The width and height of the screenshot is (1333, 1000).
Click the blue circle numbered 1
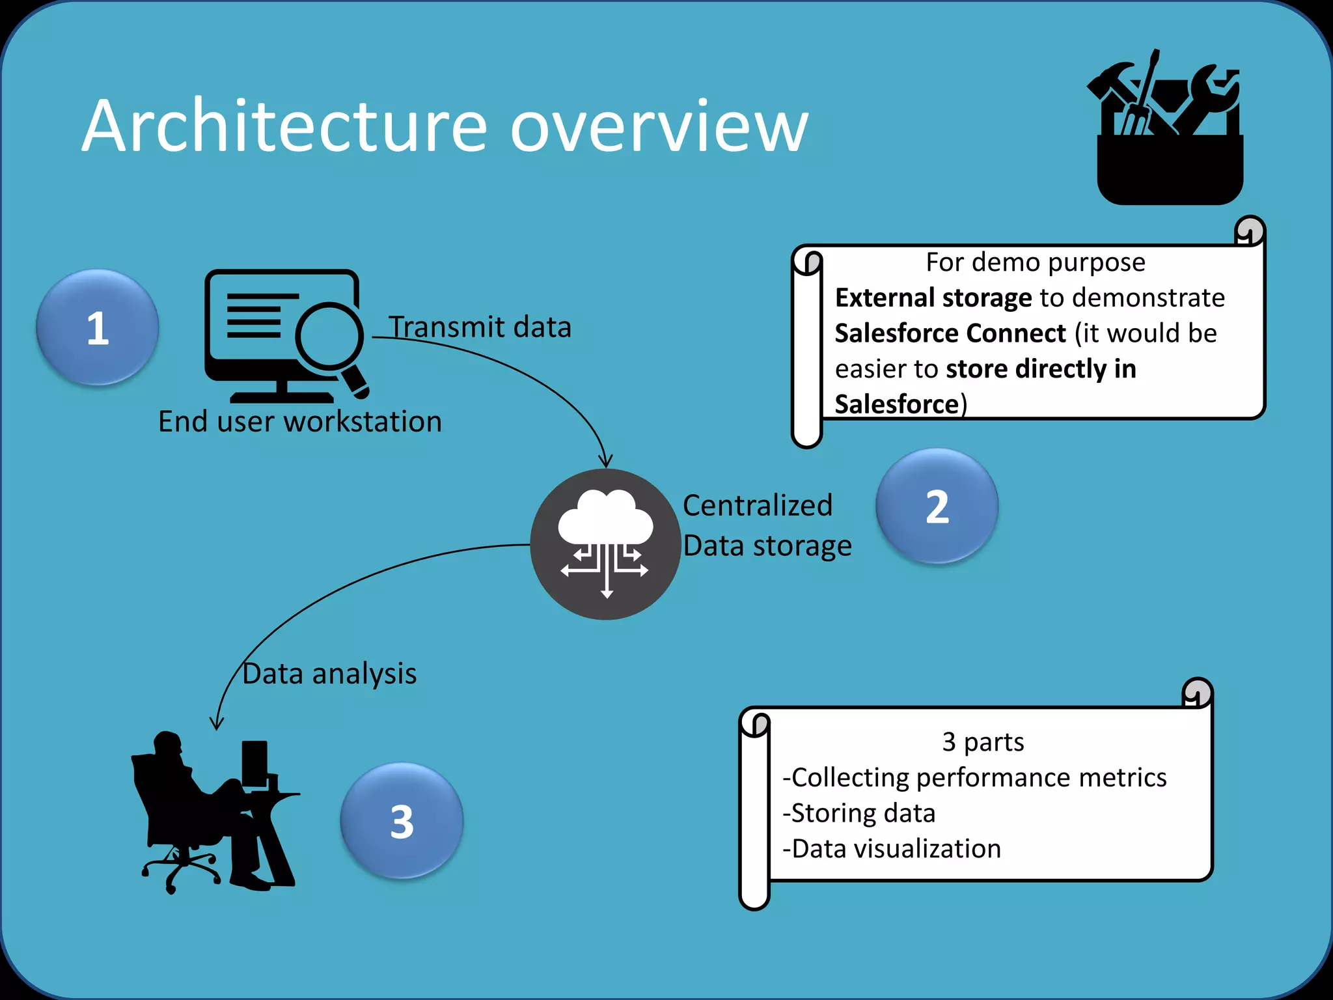97,327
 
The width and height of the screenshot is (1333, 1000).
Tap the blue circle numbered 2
937,506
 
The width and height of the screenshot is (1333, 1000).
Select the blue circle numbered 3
402,821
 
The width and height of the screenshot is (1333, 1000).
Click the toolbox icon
1169,130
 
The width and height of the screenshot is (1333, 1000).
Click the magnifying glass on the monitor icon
331,337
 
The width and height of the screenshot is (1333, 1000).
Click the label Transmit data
480,327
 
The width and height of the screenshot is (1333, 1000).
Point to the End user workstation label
300,421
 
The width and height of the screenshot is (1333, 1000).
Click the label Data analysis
329,673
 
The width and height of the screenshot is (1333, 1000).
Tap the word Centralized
758,505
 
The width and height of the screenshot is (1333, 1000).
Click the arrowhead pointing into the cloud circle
605,462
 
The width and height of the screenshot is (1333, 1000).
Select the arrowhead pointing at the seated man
217,723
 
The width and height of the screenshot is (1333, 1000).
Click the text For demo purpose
1035,262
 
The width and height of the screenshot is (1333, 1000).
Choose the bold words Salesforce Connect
950,333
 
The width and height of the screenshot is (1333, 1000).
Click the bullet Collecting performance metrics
975,777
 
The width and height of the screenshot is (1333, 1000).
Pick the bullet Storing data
859,813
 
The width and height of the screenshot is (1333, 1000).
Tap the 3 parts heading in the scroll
983,742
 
